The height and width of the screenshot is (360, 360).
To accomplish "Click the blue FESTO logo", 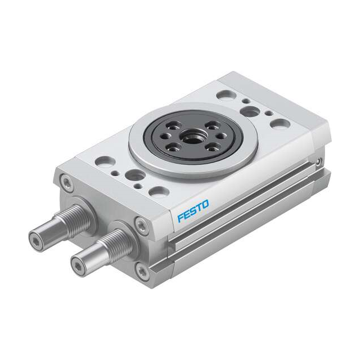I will tap(192, 209).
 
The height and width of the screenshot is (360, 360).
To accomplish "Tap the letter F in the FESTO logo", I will tap(180, 217).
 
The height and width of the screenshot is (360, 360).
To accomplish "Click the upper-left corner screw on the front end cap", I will tap(67, 182).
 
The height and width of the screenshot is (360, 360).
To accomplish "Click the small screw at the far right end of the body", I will tap(319, 164).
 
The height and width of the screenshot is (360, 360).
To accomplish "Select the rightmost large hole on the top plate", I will tap(281, 123).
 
